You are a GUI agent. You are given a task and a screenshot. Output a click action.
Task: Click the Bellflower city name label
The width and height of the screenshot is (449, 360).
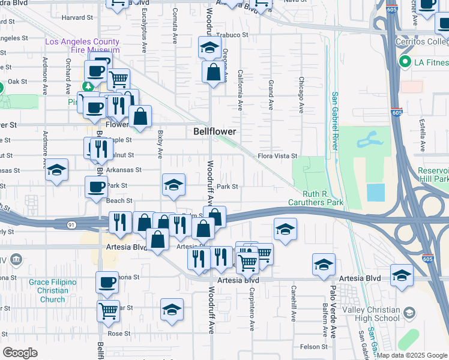(214, 131)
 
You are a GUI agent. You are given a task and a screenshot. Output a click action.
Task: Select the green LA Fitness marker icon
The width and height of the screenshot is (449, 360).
(405, 62)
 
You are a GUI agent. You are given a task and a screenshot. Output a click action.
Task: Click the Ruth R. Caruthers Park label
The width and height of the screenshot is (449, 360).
(323, 198)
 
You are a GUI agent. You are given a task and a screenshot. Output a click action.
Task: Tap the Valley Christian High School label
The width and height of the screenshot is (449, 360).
(371, 314)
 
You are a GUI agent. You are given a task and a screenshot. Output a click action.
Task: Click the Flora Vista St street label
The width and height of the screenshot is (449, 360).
(277, 156)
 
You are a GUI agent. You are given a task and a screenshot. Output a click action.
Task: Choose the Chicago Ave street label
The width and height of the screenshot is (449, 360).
(301, 95)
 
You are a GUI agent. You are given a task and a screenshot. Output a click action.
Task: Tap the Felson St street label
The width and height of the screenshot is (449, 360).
(315, 347)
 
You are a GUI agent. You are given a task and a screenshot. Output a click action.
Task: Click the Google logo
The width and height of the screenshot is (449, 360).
(20, 353)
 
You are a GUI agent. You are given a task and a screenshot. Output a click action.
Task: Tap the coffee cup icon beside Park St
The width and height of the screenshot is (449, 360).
(96, 187)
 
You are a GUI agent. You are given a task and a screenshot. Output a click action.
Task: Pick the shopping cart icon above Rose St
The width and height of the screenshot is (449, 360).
(108, 311)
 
